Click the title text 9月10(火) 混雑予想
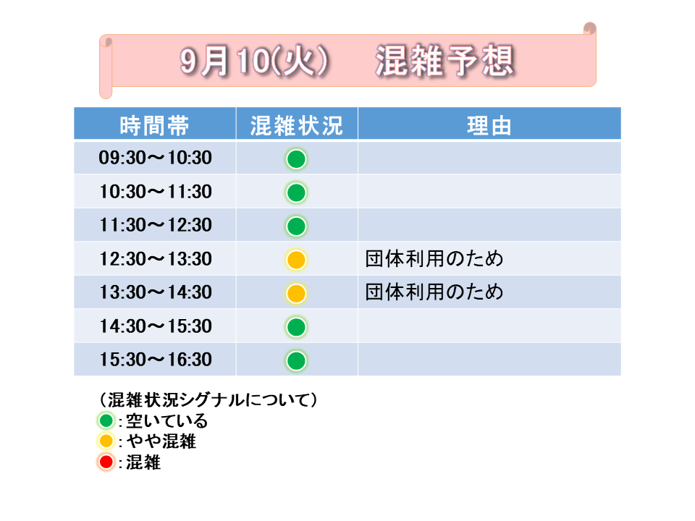pos(347,60)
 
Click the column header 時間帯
pos(154,125)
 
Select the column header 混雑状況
pos(297,125)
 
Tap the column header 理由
pos(489,125)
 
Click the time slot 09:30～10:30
pos(155,158)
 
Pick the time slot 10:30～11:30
pos(155,192)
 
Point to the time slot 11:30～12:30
pos(155,225)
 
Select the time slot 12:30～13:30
pos(155,259)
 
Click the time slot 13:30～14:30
pos(155,292)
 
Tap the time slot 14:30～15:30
pos(155,326)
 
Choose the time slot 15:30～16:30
pos(155,360)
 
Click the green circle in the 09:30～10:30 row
pos(296,159)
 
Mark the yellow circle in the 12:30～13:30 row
pos(296,260)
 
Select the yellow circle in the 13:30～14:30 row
pos(296,293)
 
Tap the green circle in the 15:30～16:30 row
pos(296,360)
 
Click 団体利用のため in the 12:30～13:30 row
pos(434,259)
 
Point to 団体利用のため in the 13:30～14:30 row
pos(434,292)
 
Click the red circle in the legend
pos(106,462)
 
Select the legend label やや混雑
pos(161,441)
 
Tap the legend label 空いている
pos(167,420)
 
